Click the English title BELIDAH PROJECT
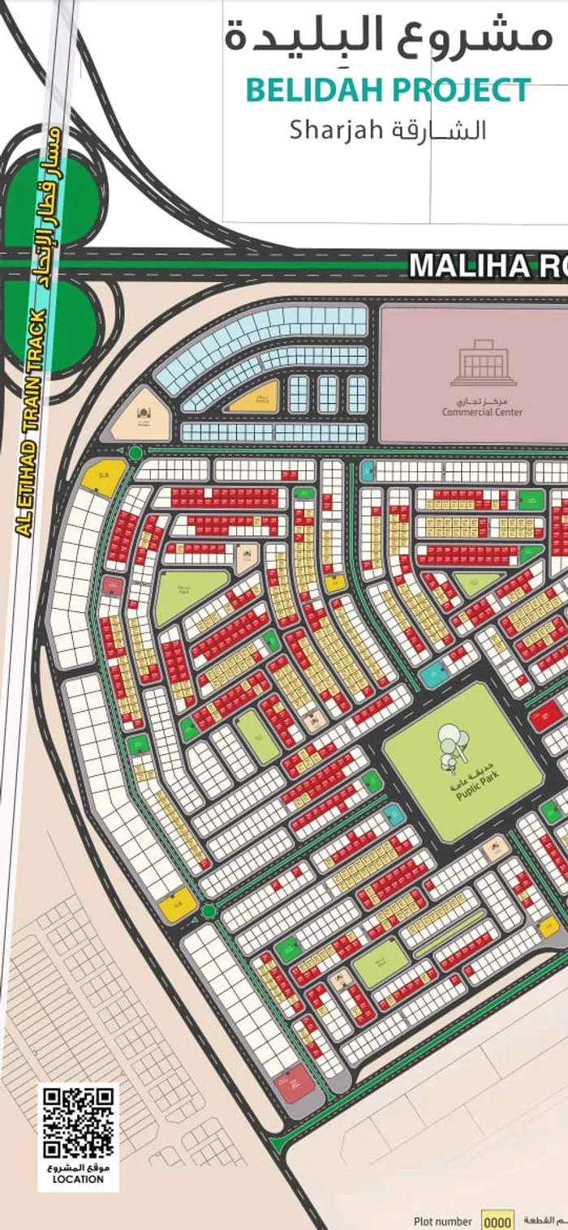[x=389, y=91]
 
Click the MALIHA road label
[x=487, y=266]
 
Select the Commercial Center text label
[x=482, y=412]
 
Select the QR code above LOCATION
[x=78, y=1122]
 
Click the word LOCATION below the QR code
[x=78, y=1179]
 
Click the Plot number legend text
[x=442, y=1221]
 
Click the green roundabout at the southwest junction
[x=209, y=911]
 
